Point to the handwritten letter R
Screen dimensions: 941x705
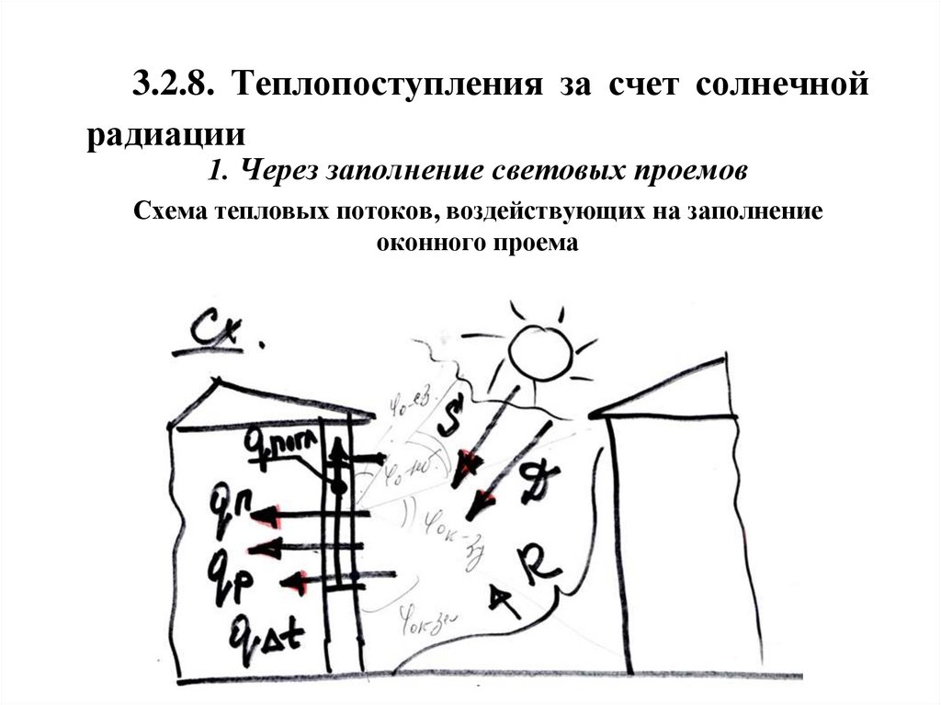pyautogui.click(x=537, y=562)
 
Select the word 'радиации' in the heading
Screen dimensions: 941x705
pyautogui.click(x=166, y=135)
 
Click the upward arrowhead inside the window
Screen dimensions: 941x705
pyautogui.click(x=337, y=447)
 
